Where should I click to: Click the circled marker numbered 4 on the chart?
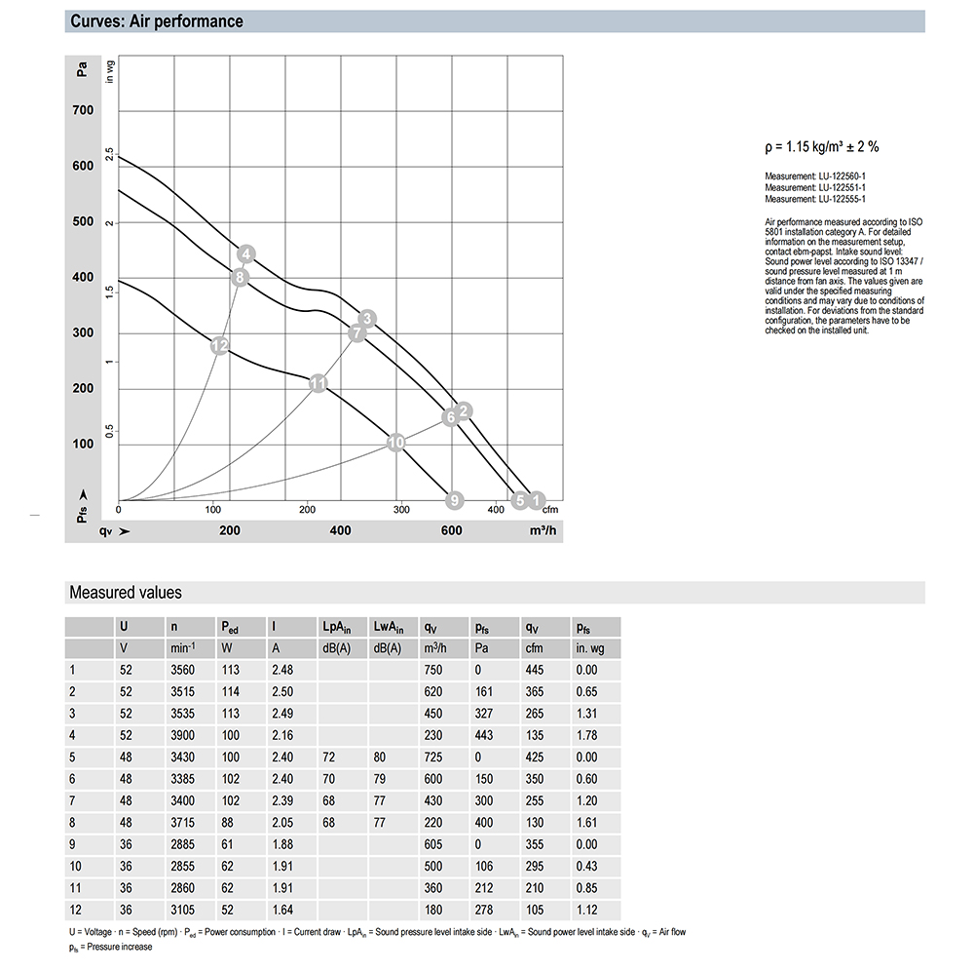[246, 255]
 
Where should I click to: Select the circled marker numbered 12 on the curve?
[219, 345]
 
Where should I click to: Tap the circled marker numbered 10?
[395, 443]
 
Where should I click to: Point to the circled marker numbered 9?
[453, 501]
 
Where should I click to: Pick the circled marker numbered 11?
[318, 383]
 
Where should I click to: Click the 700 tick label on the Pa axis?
[83, 110]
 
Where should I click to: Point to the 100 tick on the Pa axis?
[83, 445]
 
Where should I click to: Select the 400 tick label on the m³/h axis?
[340, 530]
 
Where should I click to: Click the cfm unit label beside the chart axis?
[550, 510]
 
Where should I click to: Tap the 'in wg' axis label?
[110, 71]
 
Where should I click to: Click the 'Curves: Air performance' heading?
[157, 21]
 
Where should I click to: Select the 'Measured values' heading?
[125, 592]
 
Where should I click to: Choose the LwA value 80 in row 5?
[380, 757]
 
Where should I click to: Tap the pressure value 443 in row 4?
[484, 735]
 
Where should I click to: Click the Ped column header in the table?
[230, 627]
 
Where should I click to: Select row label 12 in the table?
[74, 910]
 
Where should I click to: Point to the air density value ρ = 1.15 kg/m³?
[823, 147]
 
